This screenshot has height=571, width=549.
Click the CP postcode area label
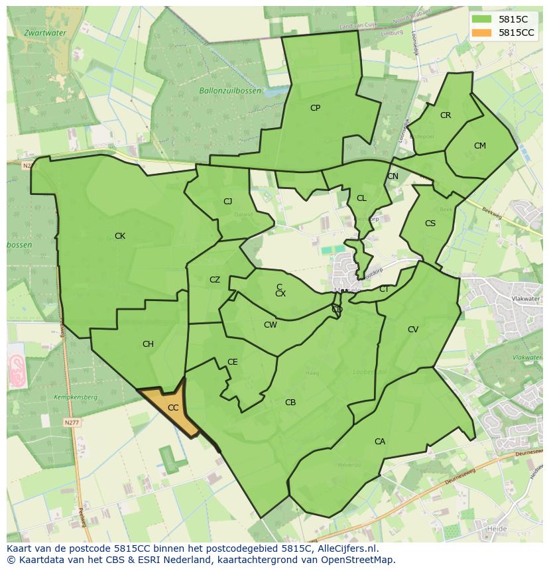315,107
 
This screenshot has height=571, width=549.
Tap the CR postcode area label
446,115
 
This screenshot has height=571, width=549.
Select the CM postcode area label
480,146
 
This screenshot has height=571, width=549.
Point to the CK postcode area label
120,236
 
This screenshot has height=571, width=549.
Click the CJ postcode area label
227,202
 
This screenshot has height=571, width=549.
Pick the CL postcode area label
361,198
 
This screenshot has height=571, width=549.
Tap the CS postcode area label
430,223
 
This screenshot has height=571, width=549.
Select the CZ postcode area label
215,280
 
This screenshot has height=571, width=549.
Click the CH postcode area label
148,344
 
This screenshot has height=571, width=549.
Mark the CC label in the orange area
173,408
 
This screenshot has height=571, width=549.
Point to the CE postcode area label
233,362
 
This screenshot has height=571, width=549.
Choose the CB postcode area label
290,403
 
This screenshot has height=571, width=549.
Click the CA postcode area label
380,442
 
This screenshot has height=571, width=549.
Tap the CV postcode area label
413,330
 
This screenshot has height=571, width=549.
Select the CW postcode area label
271,325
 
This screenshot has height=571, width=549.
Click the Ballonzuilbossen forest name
230,91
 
